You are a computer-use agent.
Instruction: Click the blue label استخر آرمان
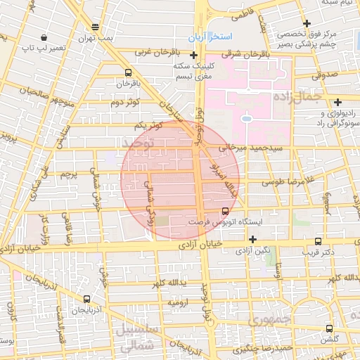point(207,35)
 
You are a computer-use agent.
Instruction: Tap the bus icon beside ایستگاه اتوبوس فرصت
point(225,210)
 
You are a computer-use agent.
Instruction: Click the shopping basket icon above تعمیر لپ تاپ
point(44,37)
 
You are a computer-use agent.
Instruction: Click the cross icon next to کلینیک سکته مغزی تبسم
point(193,55)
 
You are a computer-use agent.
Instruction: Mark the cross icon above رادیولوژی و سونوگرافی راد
point(338,102)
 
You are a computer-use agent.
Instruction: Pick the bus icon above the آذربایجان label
point(86,298)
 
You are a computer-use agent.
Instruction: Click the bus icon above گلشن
point(329,328)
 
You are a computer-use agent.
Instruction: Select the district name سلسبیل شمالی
point(141,337)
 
